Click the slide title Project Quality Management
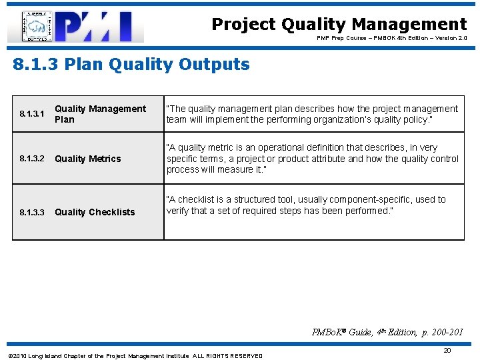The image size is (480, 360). (339, 25)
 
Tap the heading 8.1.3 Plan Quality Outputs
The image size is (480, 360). (131, 65)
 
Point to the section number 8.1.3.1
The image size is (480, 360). (32, 114)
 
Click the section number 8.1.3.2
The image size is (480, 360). (32, 159)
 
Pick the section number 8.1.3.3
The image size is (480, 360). (32, 212)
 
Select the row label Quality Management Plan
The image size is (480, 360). (100, 114)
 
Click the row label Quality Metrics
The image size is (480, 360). (88, 159)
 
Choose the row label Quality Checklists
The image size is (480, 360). (95, 212)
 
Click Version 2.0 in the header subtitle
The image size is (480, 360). (451, 39)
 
